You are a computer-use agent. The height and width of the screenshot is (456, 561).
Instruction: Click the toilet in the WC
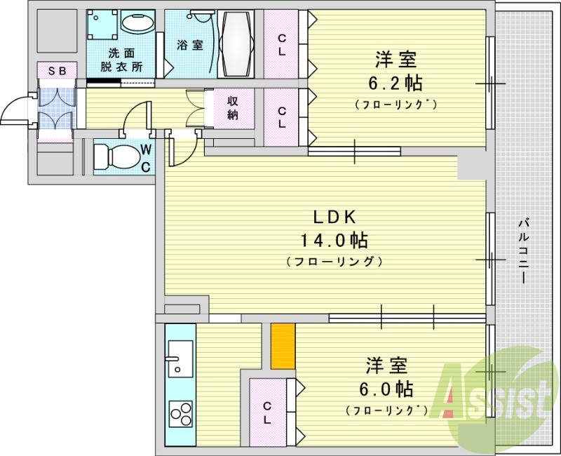(x=116, y=156)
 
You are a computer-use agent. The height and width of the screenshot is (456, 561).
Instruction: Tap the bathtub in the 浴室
(x=236, y=43)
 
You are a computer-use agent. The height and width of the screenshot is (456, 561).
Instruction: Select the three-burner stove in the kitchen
(x=181, y=414)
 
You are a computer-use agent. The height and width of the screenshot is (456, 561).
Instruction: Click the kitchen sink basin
(x=181, y=358)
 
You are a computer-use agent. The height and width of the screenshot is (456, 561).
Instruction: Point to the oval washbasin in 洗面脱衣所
(x=138, y=22)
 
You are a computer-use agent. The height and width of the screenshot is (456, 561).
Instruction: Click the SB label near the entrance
(x=58, y=71)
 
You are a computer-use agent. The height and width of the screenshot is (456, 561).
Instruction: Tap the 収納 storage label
(x=233, y=108)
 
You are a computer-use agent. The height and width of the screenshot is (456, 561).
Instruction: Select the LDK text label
(x=334, y=217)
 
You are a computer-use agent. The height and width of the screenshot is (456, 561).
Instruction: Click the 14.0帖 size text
(x=334, y=240)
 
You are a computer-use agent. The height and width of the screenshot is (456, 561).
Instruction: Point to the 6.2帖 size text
(x=396, y=83)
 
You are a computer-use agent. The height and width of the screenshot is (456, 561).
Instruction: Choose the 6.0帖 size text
(x=386, y=389)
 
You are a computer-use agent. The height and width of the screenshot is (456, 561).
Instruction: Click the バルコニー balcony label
(x=524, y=252)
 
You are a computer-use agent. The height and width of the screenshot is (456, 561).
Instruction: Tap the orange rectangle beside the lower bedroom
(x=283, y=346)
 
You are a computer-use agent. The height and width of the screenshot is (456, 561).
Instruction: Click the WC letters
(x=145, y=159)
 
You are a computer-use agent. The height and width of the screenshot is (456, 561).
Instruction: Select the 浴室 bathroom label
(x=190, y=45)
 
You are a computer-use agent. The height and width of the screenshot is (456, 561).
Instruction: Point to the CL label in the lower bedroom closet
(x=267, y=413)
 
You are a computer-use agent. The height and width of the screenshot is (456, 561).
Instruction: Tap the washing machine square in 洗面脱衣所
(x=102, y=25)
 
